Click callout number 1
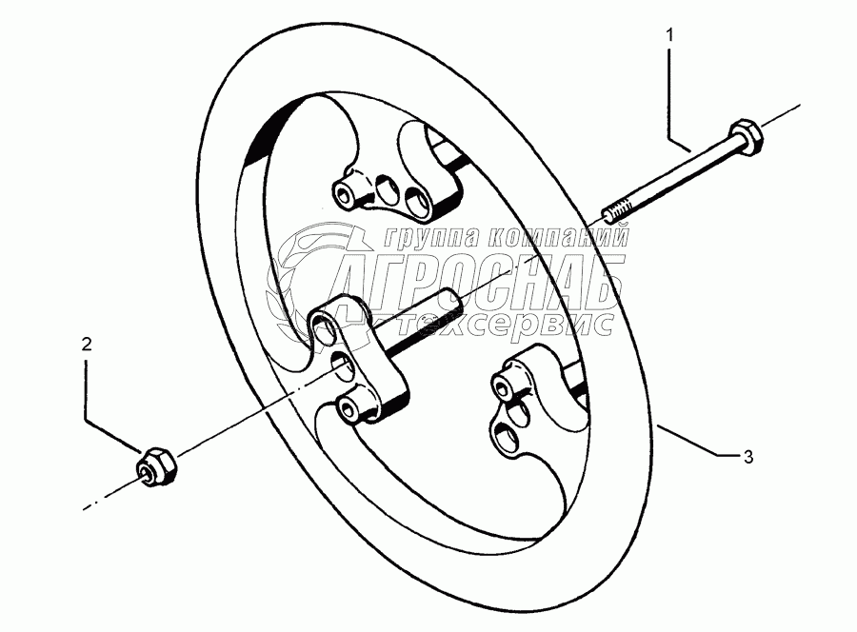coord(669,35)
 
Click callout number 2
coord(87,345)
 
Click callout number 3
coord(748,457)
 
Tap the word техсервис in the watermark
coord(496,323)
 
